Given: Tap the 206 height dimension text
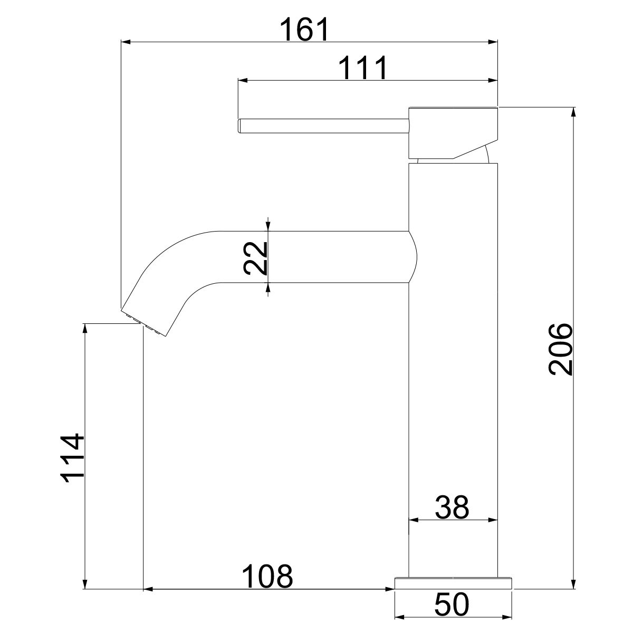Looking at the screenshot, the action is (x=561, y=349).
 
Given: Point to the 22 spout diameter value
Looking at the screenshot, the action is (x=256, y=258).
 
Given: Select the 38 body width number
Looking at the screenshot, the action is (x=452, y=507).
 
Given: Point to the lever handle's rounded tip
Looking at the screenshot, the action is (x=240, y=126).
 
